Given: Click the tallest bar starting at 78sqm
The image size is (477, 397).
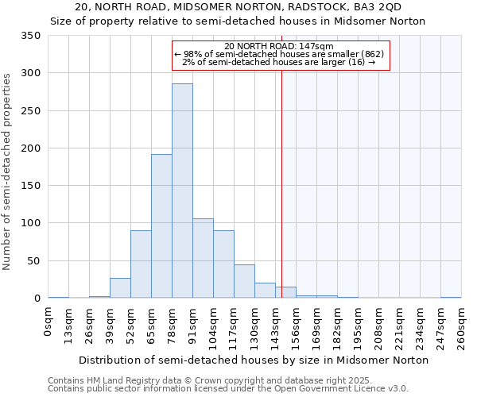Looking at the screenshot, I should coord(182,191).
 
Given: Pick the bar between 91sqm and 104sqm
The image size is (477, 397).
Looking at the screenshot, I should coord(203,258).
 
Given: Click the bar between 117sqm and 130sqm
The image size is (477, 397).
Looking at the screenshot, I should coord(244,281).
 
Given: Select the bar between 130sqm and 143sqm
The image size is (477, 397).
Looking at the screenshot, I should coord(265,291).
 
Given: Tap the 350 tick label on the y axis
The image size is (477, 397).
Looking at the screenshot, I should coord(31,36).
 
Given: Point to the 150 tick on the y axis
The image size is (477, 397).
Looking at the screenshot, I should coord(31,186).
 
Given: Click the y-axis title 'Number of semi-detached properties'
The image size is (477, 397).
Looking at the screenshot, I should coord(8,171).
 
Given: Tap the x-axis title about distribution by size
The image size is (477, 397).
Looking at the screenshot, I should coord(254,360).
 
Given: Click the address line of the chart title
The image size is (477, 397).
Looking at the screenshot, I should coord(238,8).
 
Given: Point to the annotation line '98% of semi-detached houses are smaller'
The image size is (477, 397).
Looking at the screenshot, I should coord(278,54).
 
